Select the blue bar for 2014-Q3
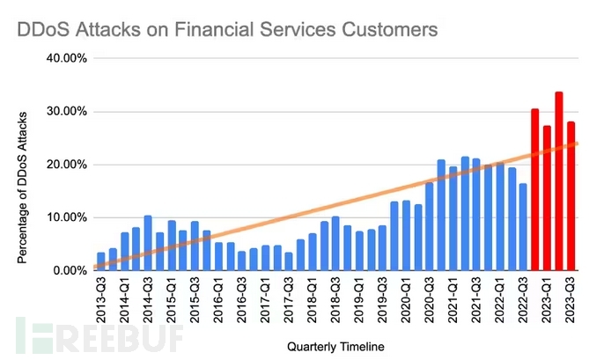pos(148,243)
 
